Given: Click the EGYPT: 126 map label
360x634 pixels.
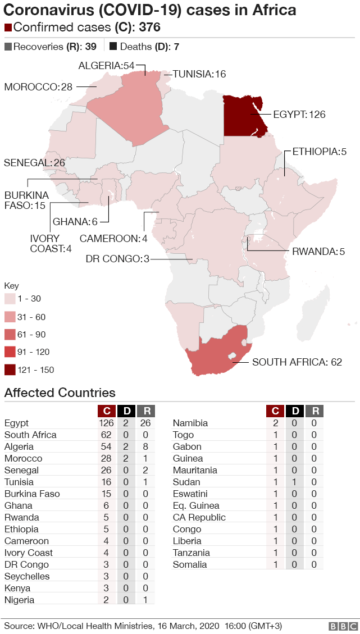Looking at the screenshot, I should tap(299, 115).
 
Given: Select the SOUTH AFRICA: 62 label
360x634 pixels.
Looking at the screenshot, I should tap(297, 362).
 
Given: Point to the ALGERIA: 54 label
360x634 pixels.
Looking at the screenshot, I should tap(107, 66).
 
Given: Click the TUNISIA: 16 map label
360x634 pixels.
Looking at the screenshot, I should tap(199, 74).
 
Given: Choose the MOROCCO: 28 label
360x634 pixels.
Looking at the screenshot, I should tap(38, 86).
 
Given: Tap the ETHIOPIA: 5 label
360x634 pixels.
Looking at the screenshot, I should tap(319, 152).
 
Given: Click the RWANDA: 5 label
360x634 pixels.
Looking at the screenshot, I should tap(318, 251).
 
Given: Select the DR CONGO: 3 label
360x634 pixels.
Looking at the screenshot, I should tap(117, 259).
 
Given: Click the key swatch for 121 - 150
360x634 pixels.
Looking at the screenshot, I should tap(10, 370).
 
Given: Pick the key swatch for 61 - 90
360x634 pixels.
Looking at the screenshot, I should tap(10, 335).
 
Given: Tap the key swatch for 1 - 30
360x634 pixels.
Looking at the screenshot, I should tap(10, 299).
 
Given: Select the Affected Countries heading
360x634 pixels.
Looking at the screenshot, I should tap(60, 393).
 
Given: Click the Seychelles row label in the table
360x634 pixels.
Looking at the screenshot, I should tap(27, 576).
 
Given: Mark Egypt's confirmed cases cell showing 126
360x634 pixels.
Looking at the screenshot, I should tap(106, 423).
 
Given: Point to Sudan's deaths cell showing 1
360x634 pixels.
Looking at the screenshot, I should tap(294, 482).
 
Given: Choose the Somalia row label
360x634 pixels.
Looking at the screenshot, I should tap(190, 564).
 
